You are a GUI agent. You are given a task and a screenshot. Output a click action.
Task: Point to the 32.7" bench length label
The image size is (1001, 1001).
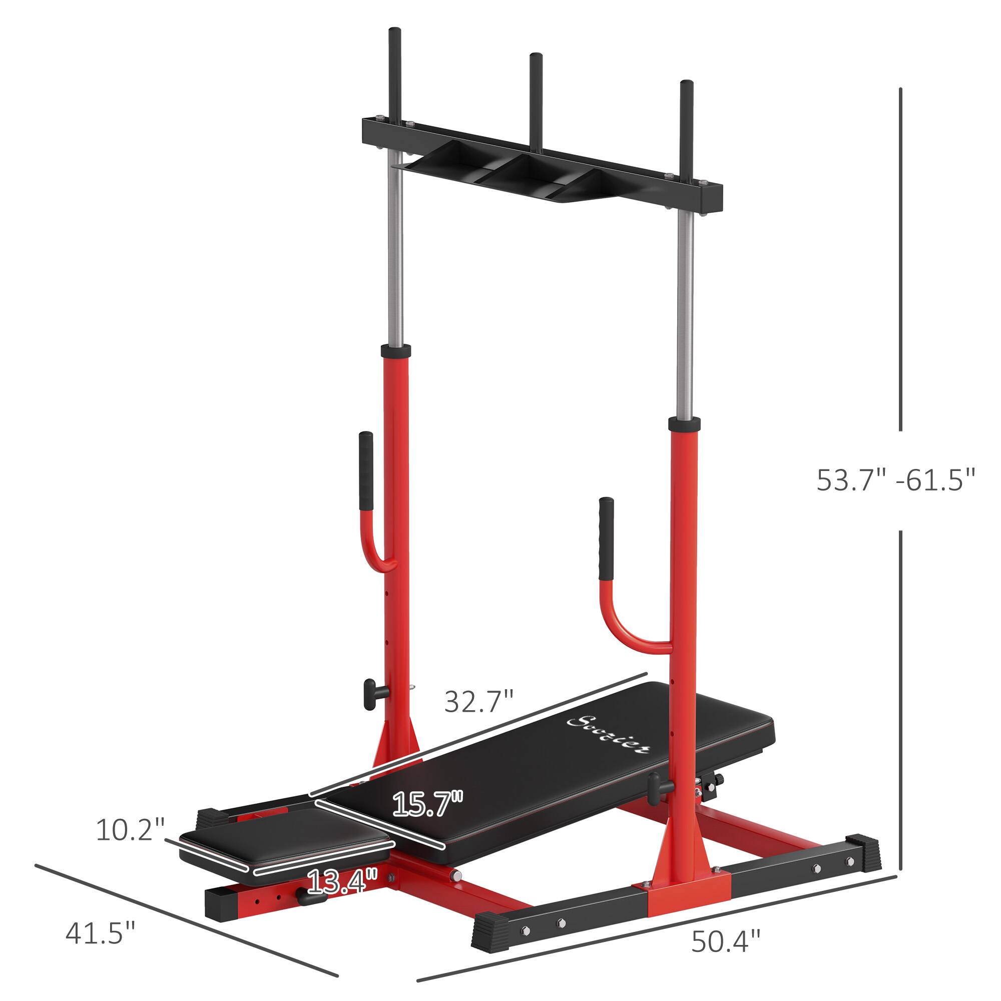coord(479,702)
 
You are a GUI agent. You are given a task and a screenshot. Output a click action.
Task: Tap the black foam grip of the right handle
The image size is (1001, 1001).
coord(606,539)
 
